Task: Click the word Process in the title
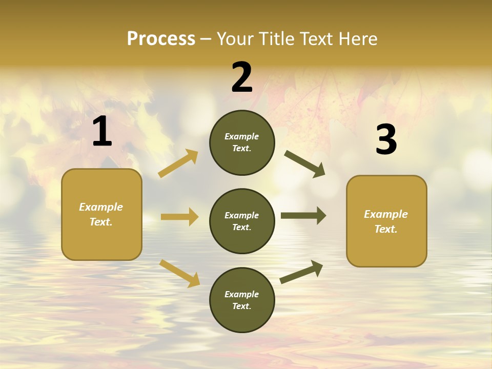click(161, 38)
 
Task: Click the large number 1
click(102, 132)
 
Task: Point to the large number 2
click(242, 77)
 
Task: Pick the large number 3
click(386, 139)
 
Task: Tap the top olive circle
click(242, 142)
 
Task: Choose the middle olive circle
click(242, 221)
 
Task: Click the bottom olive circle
click(242, 300)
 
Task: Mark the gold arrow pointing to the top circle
click(178, 163)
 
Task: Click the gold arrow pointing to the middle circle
click(179, 217)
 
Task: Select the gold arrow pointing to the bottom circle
click(179, 273)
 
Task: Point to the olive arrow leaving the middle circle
click(303, 216)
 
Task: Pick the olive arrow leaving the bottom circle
click(301, 272)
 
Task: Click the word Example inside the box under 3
click(386, 214)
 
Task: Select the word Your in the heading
click(234, 38)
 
